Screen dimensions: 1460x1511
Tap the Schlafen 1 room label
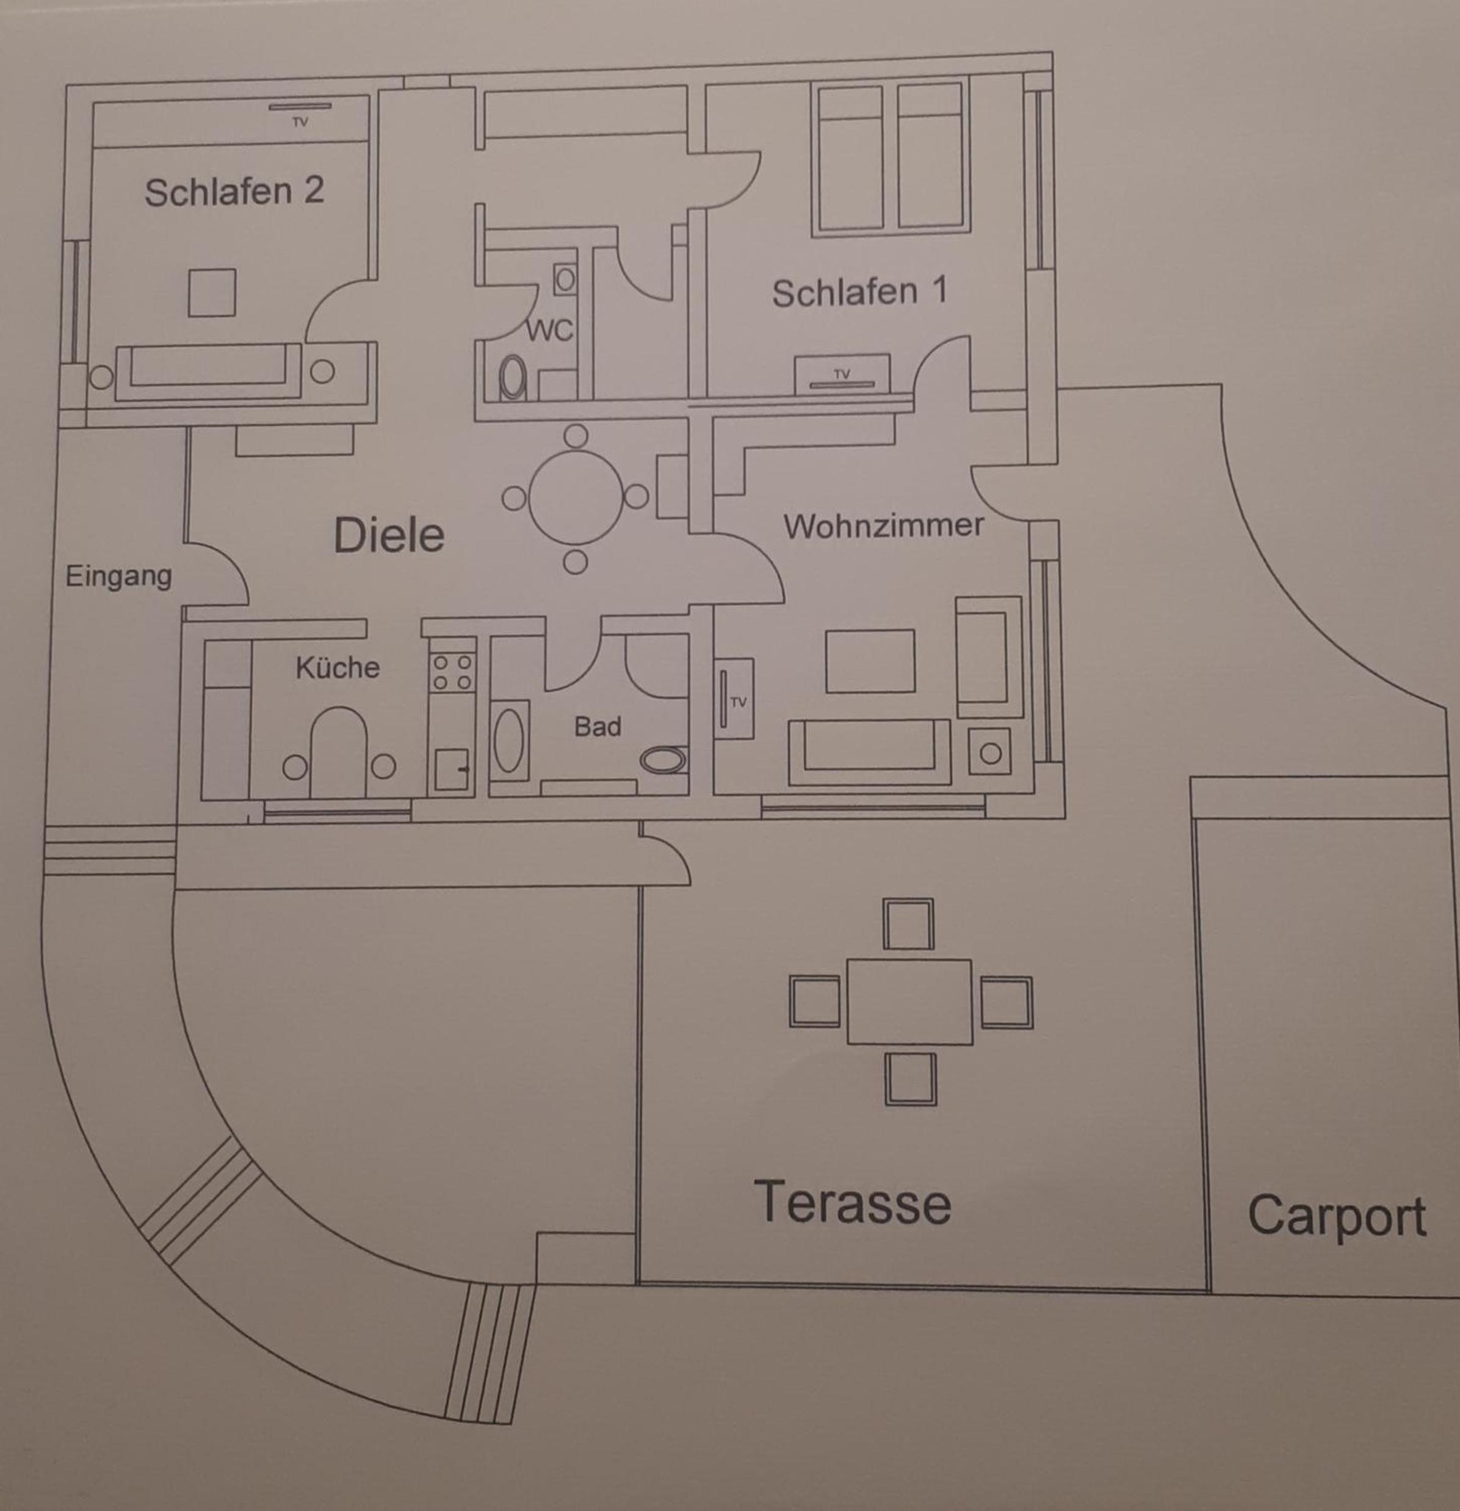pyautogui.click(x=859, y=292)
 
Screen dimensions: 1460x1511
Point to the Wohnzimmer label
pyautogui.click(x=883, y=526)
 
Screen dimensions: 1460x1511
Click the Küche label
pyautogui.click(x=338, y=667)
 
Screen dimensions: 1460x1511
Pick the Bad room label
pyautogui.click(x=598, y=726)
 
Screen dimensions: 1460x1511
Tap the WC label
pyautogui.click(x=549, y=331)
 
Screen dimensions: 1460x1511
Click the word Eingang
pyautogui.click(x=118, y=577)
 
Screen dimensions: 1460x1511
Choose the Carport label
pyautogui.click(x=1337, y=1216)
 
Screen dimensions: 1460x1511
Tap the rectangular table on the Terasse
pyautogui.click(x=909, y=1001)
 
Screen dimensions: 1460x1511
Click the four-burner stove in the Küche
pyautogui.click(x=452, y=671)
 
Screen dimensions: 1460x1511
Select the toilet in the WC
pyautogui.click(x=513, y=378)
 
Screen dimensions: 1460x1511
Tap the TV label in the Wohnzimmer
pyautogui.click(x=739, y=702)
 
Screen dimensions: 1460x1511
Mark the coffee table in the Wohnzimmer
pyautogui.click(x=870, y=661)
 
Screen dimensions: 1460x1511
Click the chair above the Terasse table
pyautogui.click(x=908, y=923)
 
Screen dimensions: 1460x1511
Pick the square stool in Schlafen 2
pyautogui.click(x=212, y=292)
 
